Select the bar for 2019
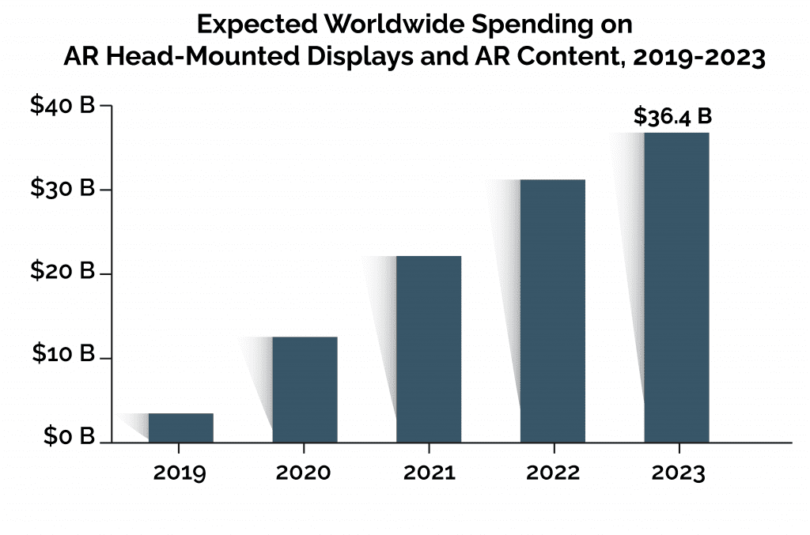(x=180, y=428)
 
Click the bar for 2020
(x=305, y=390)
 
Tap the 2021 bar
(x=429, y=349)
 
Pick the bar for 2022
(x=553, y=311)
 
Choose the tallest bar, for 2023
(x=676, y=287)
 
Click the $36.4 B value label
(x=672, y=116)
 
